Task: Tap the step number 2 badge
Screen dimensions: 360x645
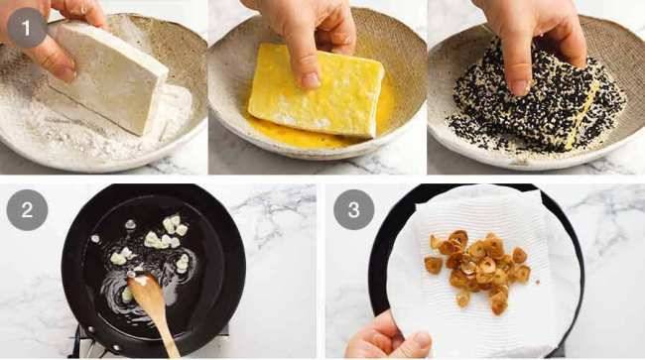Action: (27, 211)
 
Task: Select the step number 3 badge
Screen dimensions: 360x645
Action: (353, 211)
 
